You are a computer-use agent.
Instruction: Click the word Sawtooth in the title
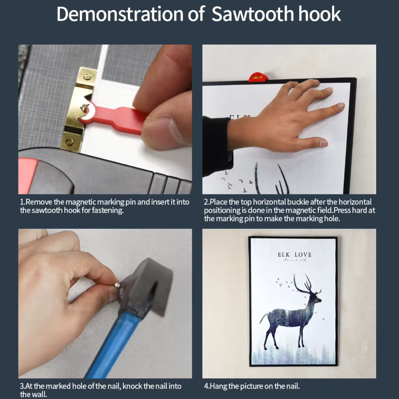(253, 14)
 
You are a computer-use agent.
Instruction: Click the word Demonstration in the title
(120, 14)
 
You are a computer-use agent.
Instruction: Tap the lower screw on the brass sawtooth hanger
(69, 141)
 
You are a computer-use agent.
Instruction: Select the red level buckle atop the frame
(258, 77)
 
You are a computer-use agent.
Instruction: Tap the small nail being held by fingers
(117, 285)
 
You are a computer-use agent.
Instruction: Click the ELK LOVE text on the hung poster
(295, 255)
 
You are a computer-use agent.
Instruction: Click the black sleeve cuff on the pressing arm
(219, 145)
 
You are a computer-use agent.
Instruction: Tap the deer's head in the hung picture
(317, 299)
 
